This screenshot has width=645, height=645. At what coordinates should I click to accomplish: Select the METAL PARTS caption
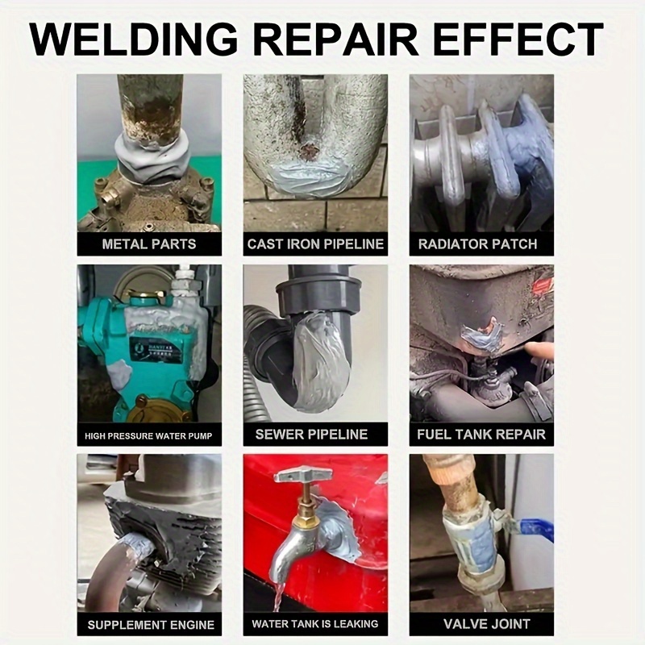tap(149, 244)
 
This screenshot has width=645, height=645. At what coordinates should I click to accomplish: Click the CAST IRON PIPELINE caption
tap(315, 244)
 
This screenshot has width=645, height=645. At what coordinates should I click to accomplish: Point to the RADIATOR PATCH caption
tap(481, 244)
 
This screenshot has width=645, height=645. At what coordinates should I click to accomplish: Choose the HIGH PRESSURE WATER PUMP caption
tap(149, 435)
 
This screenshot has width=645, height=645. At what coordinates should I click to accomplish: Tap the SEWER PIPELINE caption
tap(315, 435)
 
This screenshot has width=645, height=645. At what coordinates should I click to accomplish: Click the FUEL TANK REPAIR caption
tap(481, 435)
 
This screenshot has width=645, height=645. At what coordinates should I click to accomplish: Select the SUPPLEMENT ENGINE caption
tap(149, 625)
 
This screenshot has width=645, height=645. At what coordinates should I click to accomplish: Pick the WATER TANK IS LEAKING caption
tap(315, 624)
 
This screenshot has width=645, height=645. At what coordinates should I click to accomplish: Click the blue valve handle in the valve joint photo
tap(535, 527)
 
